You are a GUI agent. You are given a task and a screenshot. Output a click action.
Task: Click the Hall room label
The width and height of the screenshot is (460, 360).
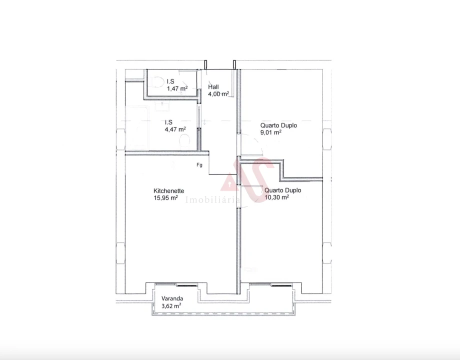click(x=213, y=87)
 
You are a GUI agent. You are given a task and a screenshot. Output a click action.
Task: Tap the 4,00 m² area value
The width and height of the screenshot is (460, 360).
click(x=218, y=93)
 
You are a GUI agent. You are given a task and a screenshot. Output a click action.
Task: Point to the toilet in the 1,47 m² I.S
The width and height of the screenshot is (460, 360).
click(x=157, y=82)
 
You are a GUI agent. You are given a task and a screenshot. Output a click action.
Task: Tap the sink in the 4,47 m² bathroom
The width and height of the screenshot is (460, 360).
click(x=162, y=105)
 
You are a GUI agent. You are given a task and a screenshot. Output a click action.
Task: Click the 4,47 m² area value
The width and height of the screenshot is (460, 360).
click(x=175, y=128)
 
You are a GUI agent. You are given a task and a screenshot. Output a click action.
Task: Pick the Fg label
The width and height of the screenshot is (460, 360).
click(x=199, y=165)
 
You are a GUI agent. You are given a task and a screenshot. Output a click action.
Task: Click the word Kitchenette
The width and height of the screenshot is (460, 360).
click(x=169, y=190)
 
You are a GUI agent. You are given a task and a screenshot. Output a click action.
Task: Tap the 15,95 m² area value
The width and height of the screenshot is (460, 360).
click(x=166, y=197)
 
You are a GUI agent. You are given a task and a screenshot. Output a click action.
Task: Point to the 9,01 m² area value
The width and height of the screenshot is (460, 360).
click(x=270, y=132)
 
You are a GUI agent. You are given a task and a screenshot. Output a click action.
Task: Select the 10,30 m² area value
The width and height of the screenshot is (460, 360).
click(x=276, y=197)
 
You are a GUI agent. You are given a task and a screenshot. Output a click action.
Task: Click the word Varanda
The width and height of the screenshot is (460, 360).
click(x=172, y=297)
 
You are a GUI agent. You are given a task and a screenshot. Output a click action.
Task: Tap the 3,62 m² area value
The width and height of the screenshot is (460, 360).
click(x=171, y=305)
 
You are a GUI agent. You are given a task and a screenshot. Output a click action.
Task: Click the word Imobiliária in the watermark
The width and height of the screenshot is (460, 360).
click(x=213, y=200)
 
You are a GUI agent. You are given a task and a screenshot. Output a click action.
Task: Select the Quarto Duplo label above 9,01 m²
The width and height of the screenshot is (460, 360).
click(x=278, y=125)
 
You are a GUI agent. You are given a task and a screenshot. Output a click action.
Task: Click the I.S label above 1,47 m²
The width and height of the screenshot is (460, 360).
click(x=170, y=81)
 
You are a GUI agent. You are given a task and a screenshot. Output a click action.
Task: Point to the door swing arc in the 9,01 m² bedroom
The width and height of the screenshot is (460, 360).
click(x=257, y=145)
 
